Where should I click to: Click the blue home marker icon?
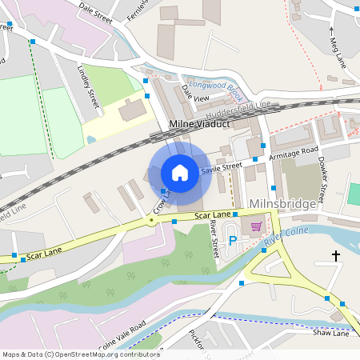180,172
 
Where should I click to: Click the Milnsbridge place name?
282,204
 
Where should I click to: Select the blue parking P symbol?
233,240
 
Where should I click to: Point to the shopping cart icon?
256,226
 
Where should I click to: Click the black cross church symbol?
336,256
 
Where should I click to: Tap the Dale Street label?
94,10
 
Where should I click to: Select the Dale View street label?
194,93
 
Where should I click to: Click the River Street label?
213,240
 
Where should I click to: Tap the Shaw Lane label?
331,333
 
